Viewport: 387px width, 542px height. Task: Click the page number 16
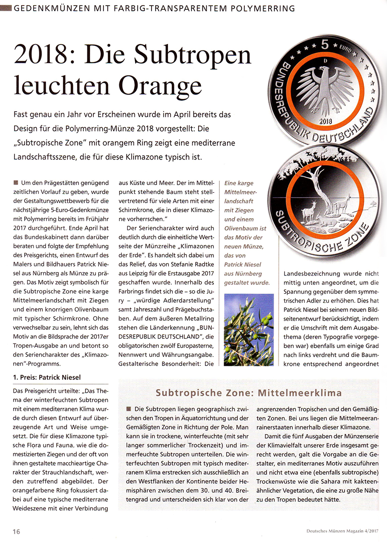pos(17,531)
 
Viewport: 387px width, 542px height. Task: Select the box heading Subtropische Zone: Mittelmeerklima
pos(249,393)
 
